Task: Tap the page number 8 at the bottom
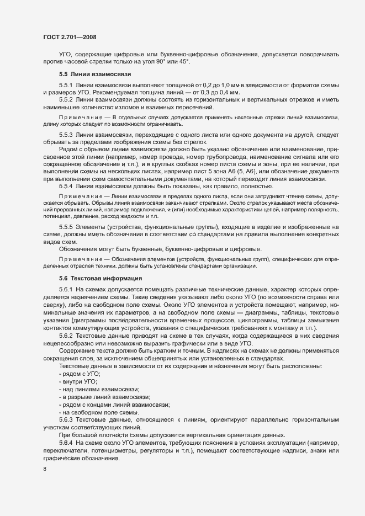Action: [44, 469]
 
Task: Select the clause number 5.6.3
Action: [66, 421]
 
